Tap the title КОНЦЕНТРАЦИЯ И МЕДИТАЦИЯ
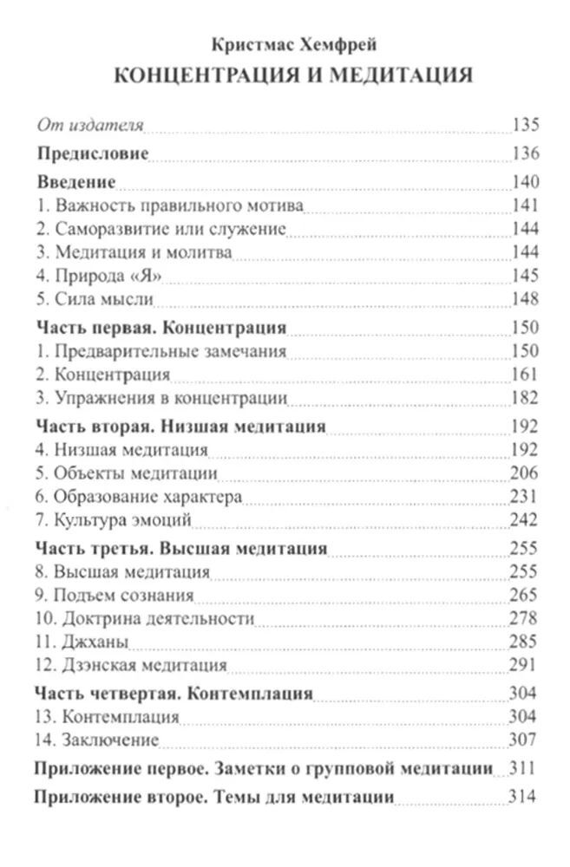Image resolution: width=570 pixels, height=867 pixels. [x=292, y=75]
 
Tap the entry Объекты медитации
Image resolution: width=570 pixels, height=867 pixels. [x=127, y=473]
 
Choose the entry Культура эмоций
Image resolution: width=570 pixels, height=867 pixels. [x=114, y=520]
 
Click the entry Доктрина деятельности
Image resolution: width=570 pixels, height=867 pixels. [x=145, y=618]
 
